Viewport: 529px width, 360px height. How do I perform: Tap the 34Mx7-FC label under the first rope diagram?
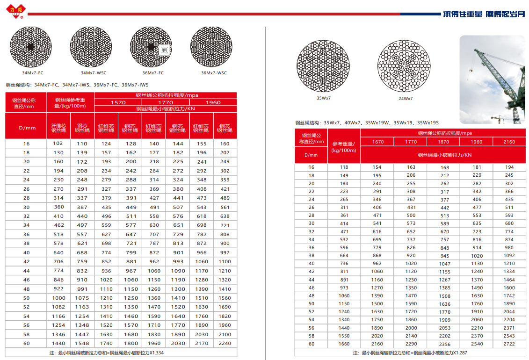click(x=33, y=73)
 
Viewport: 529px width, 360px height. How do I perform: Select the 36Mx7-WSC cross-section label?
click(x=214, y=73)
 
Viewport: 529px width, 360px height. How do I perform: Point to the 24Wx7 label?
click(x=406, y=99)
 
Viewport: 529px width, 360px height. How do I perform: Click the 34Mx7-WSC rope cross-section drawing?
click(x=91, y=47)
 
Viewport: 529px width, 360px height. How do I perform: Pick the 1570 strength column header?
click(x=118, y=102)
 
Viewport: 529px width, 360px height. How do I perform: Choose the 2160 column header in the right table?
click(x=509, y=142)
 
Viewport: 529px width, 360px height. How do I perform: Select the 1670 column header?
click(x=377, y=142)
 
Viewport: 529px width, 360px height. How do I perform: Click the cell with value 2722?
click(x=509, y=344)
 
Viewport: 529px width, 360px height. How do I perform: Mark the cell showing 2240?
click(x=225, y=343)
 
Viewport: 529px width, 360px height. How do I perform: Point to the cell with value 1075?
click(x=82, y=298)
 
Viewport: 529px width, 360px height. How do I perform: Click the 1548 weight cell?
click(x=82, y=343)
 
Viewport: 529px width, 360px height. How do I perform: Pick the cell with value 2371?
click(x=509, y=328)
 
